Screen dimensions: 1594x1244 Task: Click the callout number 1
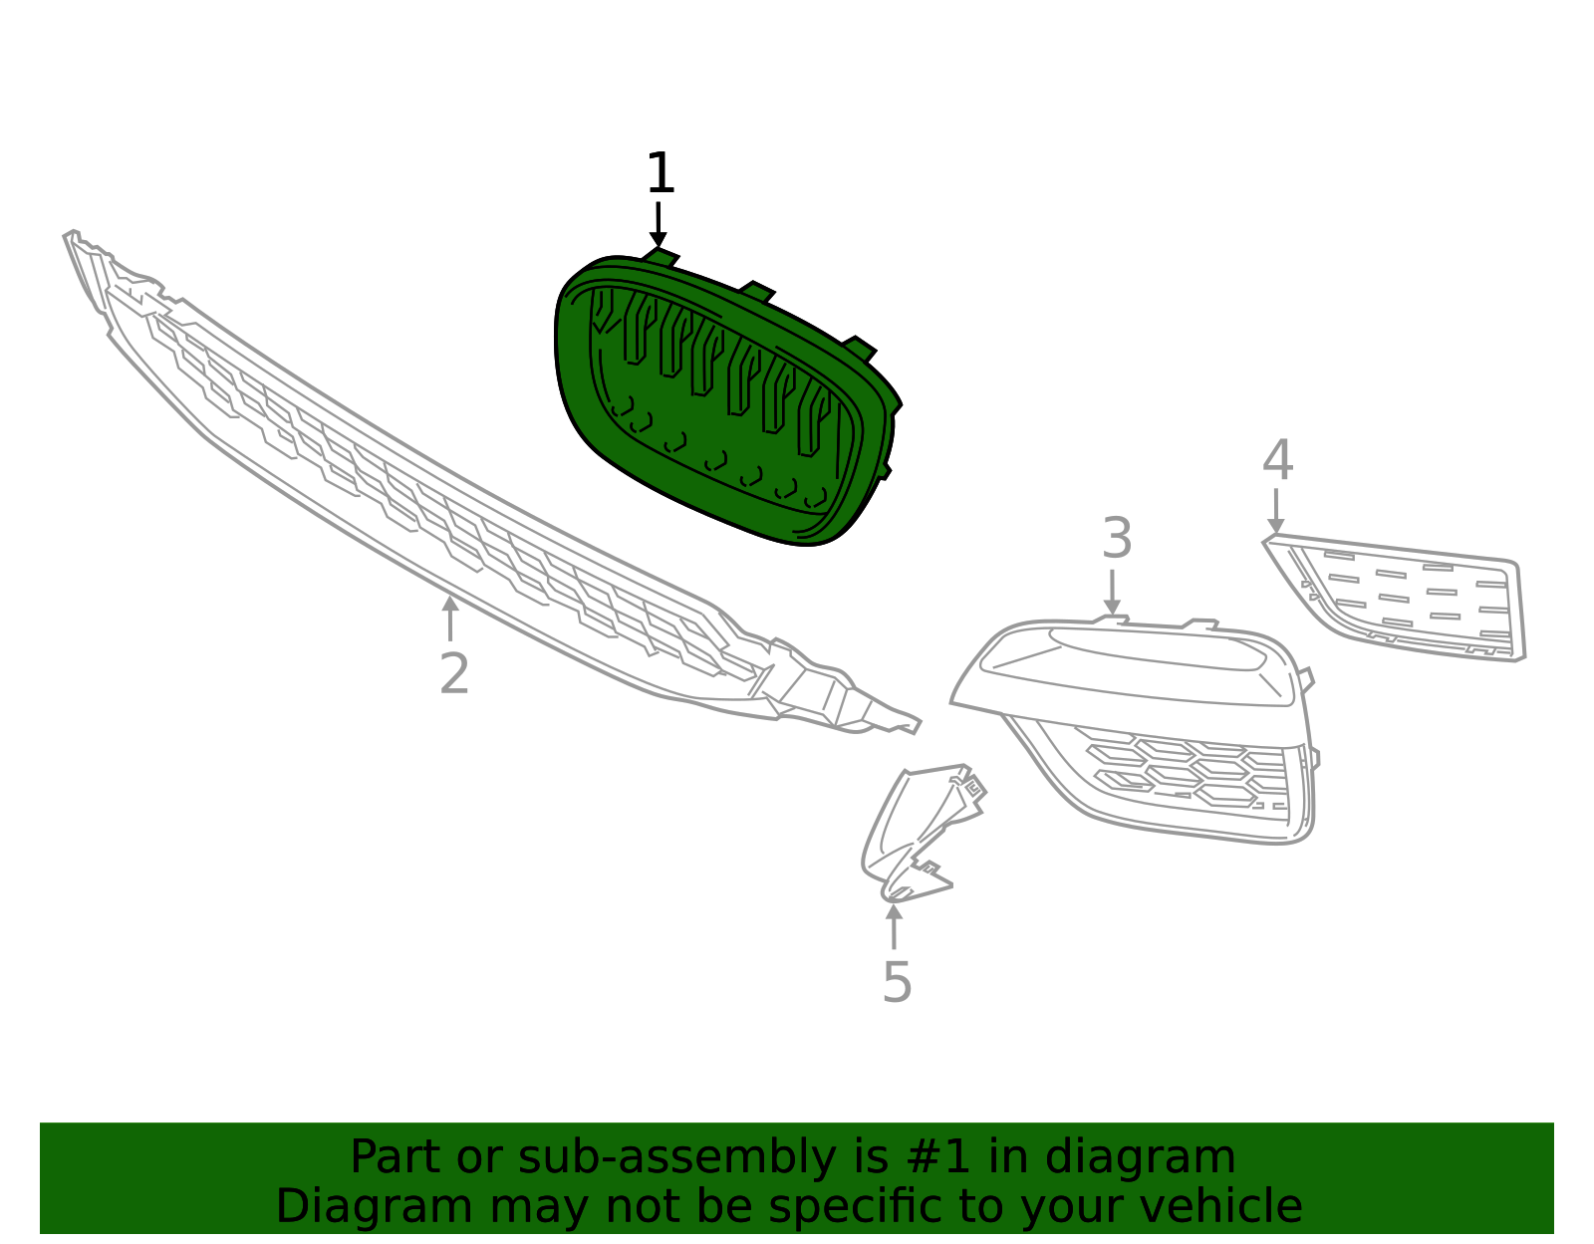tap(661, 173)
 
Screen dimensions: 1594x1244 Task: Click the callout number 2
tap(454, 673)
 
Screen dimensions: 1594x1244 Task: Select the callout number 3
tap(1117, 538)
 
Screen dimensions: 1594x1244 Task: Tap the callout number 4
tap(1278, 459)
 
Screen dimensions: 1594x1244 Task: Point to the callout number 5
tap(898, 982)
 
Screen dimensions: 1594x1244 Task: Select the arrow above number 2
tap(449, 618)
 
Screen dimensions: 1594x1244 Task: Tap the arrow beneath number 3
tap(1112, 593)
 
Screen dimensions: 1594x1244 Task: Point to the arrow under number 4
tap(1276, 512)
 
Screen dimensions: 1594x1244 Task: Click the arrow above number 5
tap(894, 927)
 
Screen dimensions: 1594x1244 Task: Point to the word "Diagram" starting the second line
tap(375, 1206)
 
